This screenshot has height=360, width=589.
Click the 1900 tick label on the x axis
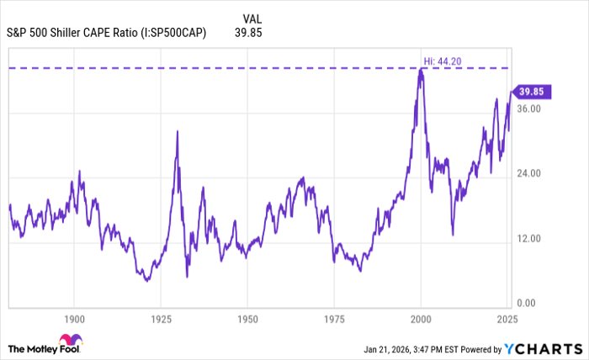click(x=74, y=320)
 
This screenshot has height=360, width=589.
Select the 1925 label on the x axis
click(x=161, y=320)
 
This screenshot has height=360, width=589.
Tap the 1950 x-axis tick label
click(x=247, y=320)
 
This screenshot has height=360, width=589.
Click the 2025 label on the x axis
click(x=507, y=320)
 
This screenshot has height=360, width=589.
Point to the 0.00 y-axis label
click(x=528, y=304)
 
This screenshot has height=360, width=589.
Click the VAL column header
click(x=252, y=18)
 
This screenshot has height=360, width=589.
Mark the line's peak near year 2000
click(x=421, y=70)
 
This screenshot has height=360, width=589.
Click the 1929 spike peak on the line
click(x=177, y=130)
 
